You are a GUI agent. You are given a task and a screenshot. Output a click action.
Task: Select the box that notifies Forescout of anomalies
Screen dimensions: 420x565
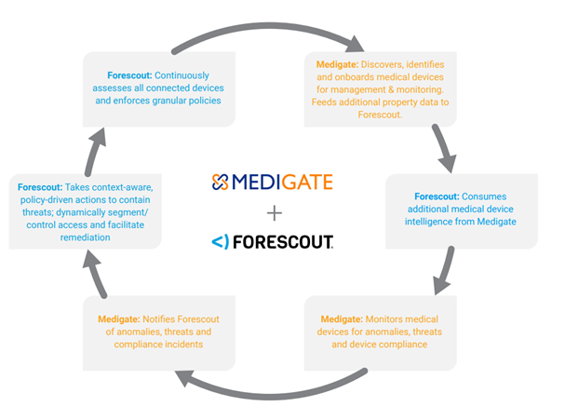(x=158, y=332)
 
